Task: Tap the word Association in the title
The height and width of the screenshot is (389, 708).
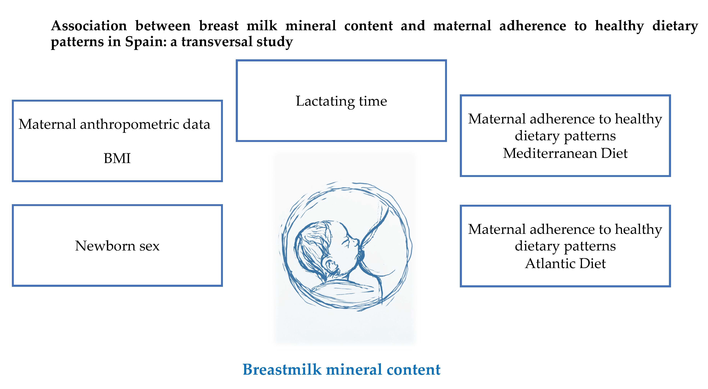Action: tap(89, 26)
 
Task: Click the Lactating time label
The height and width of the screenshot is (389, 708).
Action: tap(341, 101)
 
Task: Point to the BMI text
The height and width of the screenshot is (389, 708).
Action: tap(117, 158)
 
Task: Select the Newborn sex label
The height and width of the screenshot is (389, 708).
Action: tap(117, 246)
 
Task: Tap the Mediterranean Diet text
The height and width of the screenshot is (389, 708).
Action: tap(565, 153)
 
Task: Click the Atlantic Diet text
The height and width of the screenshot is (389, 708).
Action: tap(565, 263)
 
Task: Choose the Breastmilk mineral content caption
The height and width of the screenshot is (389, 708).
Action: tap(341, 369)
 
